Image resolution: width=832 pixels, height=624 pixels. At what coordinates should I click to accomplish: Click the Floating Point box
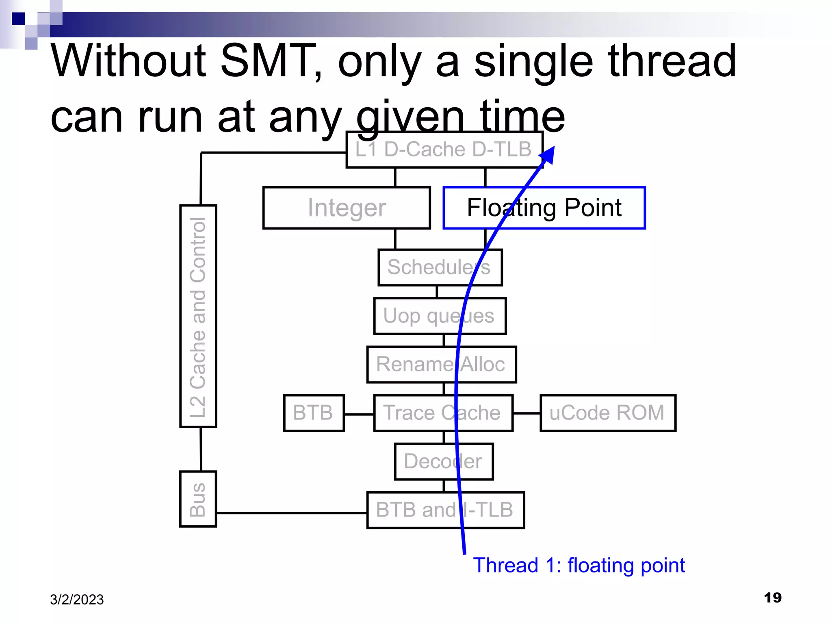(544, 208)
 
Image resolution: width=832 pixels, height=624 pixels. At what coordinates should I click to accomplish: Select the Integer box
(347, 208)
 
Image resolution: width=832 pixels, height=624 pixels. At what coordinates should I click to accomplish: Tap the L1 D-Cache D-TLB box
(444, 149)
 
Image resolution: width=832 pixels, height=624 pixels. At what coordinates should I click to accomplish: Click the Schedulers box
(440, 267)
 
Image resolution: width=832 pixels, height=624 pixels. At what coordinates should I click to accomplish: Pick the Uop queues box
(440, 316)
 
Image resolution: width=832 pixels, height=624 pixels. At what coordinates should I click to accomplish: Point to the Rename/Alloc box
(441, 364)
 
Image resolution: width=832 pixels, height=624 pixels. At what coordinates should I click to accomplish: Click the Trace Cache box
(443, 413)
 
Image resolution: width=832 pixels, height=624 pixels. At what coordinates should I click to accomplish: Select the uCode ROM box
(607, 413)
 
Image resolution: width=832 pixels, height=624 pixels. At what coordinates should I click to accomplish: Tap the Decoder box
(443, 461)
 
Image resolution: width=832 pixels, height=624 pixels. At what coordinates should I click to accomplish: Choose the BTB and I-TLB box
(445, 510)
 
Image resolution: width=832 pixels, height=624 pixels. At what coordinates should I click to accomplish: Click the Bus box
(198, 499)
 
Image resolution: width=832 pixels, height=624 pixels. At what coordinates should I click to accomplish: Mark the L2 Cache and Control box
(198, 316)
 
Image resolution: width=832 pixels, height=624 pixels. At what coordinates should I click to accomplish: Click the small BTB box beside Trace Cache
(314, 413)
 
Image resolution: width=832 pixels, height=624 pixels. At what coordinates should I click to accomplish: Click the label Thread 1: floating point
(579, 565)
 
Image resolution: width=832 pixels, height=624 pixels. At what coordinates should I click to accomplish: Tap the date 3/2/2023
(77, 600)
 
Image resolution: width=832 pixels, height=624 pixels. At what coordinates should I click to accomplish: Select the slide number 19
(772, 598)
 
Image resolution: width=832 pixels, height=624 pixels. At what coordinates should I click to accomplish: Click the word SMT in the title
(268, 61)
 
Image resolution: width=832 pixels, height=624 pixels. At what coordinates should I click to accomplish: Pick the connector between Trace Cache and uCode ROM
(526, 413)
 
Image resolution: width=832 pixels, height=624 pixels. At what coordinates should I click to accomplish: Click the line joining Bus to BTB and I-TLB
(291, 513)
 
